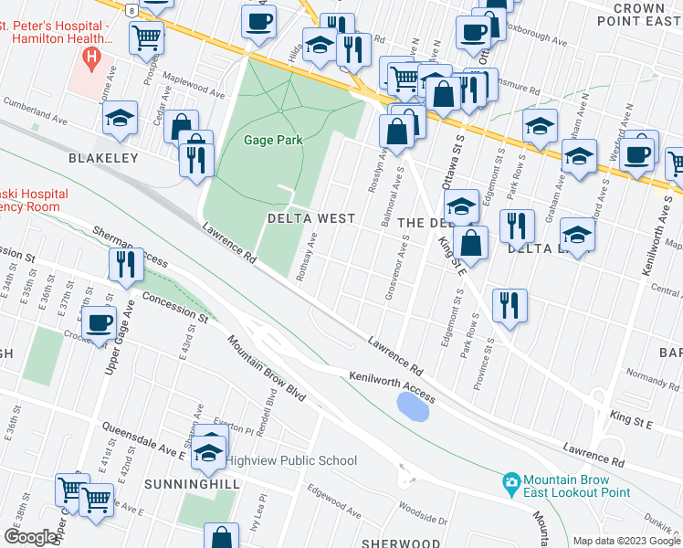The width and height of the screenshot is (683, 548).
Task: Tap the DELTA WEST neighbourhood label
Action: (310, 219)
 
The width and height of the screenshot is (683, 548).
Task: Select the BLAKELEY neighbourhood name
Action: (103, 158)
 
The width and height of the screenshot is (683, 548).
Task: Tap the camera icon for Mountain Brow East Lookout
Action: (511, 480)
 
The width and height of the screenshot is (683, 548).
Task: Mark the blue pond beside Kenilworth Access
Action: (414, 406)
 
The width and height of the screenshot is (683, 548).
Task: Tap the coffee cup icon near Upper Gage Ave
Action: (99, 321)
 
